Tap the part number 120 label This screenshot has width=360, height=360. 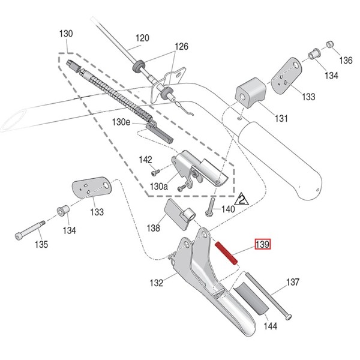click(141, 39)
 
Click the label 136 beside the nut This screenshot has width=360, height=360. click(346, 60)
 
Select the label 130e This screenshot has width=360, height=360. click(121, 122)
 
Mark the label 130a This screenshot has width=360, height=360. click(159, 187)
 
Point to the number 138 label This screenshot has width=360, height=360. click(153, 228)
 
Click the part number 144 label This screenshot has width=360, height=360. click(271, 326)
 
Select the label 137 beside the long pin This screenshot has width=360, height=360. click(292, 281)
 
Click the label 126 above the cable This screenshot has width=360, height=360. click(181, 46)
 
